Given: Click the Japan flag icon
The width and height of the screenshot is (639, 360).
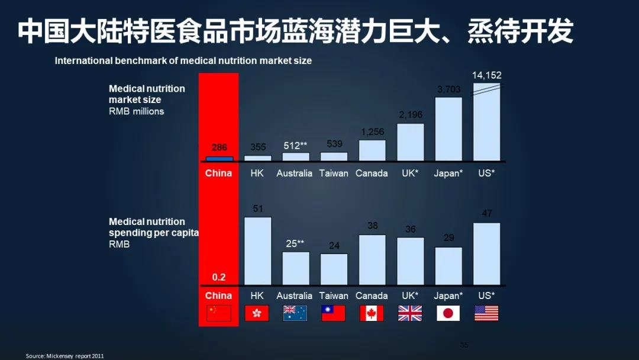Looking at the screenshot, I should click(x=448, y=313).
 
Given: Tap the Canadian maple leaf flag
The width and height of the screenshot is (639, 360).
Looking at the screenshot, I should click(x=372, y=313).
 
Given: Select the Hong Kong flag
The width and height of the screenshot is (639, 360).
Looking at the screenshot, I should click(x=257, y=313).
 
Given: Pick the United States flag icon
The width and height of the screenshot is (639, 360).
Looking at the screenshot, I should click(x=486, y=313).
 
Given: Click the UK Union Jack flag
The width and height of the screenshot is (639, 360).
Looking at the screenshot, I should click(x=410, y=313).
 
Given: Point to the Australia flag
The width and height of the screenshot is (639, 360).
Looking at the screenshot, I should click(x=295, y=313).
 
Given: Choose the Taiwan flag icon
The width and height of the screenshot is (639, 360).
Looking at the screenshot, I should click(x=333, y=313).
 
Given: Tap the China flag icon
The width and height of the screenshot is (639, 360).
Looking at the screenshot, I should click(x=219, y=313).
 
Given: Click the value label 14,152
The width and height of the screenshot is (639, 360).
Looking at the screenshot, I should click(x=486, y=75).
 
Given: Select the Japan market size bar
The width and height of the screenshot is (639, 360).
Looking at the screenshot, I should click(x=448, y=129).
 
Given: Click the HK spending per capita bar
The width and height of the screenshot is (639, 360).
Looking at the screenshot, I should click(x=257, y=251).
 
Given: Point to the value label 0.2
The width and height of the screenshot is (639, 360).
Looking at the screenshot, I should click(x=219, y=277).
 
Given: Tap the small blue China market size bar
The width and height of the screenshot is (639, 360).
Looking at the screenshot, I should click(x=219, y=159).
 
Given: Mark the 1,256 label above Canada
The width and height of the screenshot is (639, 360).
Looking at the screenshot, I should click(x=372, y=131).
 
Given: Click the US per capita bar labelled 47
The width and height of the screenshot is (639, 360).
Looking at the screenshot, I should click(x=486, y=254).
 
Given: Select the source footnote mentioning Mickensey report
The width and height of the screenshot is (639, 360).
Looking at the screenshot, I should click(x=65, y=356).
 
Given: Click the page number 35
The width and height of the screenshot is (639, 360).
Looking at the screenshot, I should click(x=464, y=345).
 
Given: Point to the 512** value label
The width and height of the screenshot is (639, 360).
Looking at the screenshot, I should click(x=295, y=146).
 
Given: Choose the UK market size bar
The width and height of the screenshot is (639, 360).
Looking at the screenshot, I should click(x=410, y=142).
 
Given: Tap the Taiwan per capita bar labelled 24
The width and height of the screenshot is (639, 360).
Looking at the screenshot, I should click(x=334, y=269).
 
